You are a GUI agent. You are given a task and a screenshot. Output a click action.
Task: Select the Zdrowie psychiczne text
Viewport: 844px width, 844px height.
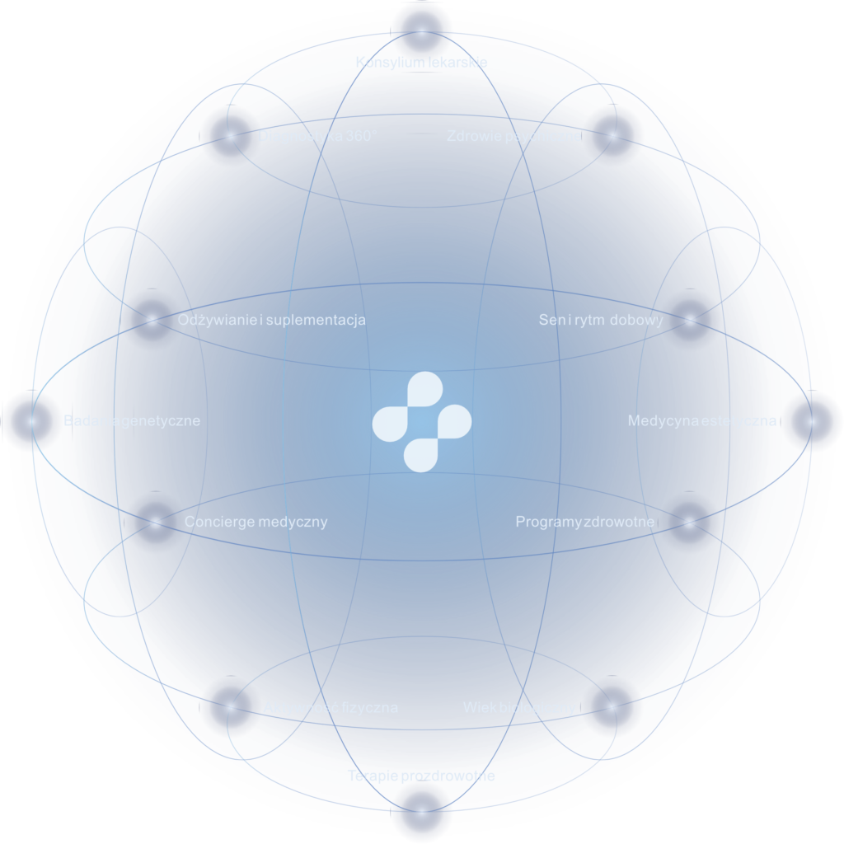point(513,136)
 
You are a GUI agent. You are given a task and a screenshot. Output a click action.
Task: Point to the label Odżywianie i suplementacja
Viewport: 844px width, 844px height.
point(271,320)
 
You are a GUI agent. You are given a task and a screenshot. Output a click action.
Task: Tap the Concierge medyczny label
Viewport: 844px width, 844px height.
point(256,522)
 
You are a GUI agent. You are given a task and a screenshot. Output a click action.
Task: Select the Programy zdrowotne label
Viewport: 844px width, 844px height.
point(584,522)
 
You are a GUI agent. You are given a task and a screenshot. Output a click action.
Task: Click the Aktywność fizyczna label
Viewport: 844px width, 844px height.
point(331,707)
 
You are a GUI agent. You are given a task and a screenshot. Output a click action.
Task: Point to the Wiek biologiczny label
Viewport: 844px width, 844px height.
point(519,707)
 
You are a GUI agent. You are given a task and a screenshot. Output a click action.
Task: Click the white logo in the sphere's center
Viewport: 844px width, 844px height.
point(421,422)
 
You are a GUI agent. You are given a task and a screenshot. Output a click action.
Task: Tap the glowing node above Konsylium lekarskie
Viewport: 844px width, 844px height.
point(421,30)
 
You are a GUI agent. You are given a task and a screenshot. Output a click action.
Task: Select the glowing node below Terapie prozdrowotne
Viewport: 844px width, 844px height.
point(421,813)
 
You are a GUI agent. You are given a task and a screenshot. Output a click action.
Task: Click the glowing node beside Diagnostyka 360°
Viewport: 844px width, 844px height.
point(228,136)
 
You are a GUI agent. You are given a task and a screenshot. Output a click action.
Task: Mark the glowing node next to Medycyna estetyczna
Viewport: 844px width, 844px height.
point(813,421)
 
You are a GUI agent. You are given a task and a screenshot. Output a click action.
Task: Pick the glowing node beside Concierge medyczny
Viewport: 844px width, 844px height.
point(155,522)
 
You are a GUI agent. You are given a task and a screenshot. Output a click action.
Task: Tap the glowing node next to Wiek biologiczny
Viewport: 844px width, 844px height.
point(612,706)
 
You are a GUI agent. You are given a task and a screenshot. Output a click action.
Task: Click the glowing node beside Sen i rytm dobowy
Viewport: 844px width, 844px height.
point(691,320)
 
